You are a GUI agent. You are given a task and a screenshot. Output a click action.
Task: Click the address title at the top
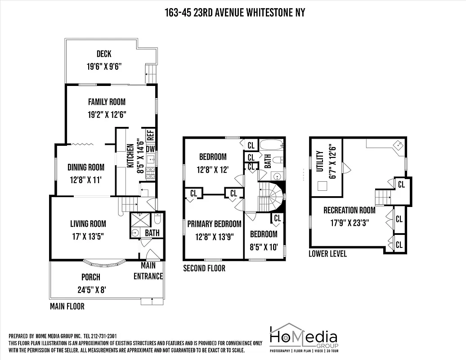[x=234, y=13]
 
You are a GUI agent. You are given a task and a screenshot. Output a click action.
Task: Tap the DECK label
[x=104, y=54]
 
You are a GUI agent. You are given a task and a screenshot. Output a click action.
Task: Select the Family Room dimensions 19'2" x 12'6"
[x=107, y=114]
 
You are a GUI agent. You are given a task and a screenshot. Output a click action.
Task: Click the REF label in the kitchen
[x=150, y=135]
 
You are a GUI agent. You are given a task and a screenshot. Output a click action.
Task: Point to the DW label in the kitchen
[x=150, y=149]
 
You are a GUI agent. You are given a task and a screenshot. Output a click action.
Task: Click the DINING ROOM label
[x=86, y=167]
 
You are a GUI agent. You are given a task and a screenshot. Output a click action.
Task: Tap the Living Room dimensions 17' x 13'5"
[x=88, y=235]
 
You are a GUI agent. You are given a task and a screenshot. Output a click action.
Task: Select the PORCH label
[x=91, y=277]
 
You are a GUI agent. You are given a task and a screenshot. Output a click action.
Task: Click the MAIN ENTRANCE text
[x=148, y=271]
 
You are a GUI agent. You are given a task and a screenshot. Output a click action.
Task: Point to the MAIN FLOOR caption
[x=67, y=307]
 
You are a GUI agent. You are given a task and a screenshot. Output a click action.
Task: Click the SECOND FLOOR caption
[x=204, y=269]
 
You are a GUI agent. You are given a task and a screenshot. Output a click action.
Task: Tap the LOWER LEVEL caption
[x=327, y=254]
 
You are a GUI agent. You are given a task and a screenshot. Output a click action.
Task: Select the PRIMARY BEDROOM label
[x=214, y=224]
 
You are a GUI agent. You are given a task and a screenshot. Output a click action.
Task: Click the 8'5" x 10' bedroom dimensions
[x=264, y=246]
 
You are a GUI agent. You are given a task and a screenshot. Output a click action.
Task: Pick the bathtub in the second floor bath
[x=272, y=146]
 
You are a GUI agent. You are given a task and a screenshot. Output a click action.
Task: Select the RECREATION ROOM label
[x=349, y=210]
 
